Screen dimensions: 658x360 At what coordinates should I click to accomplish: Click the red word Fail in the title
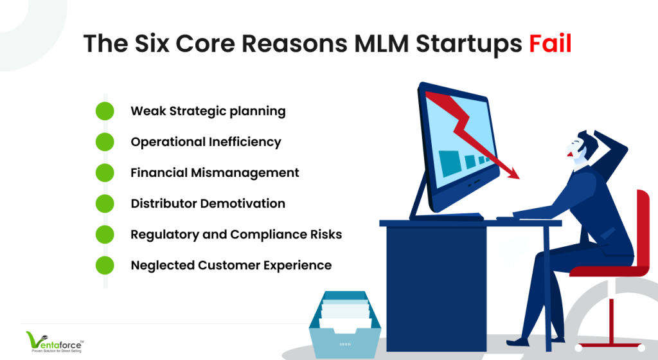550,43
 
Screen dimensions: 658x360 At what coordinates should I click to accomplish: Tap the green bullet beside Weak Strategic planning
105,111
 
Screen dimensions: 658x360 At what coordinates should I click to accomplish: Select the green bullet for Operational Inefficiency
105,142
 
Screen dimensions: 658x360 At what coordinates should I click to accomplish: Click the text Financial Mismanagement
215,173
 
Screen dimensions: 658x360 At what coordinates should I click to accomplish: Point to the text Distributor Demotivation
208,204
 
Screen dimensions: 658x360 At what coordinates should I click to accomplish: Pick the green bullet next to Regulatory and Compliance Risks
105,235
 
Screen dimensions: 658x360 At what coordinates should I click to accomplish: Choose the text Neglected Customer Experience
231,265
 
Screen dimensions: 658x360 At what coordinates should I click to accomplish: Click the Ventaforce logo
55,342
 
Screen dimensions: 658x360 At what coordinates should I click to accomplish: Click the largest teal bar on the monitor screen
450,163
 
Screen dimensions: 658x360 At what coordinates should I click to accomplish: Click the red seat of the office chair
609,271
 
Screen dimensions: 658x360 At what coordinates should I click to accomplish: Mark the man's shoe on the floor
519,341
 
